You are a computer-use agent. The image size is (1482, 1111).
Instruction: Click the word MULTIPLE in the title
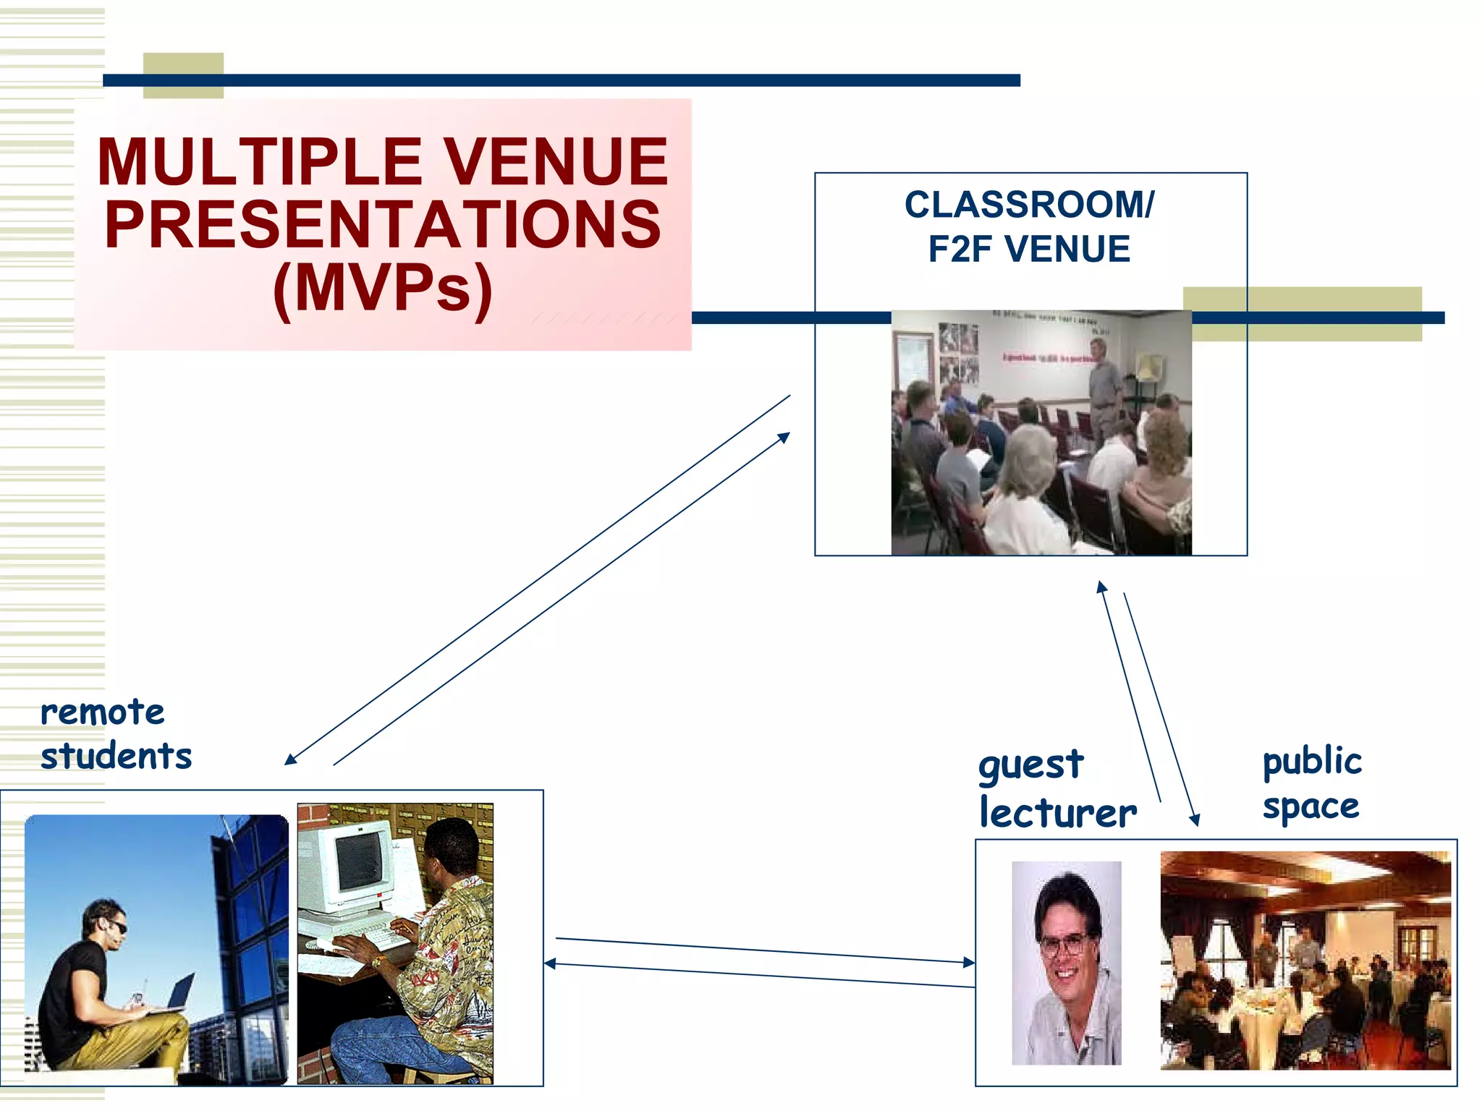tap(260, 162)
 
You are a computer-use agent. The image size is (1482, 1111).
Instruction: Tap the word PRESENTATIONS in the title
tap(383, 225)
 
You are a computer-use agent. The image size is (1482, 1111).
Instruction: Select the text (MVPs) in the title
tap(383, 289)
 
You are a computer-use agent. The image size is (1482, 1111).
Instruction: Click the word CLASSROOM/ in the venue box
tap(1029, 205)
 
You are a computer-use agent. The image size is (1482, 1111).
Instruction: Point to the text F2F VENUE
tap(1029, 250)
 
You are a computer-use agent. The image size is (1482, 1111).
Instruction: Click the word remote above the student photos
tap(103, 712)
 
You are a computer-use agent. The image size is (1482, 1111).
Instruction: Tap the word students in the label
tap(116, 757)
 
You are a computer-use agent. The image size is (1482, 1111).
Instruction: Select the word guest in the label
tap(1030, 765)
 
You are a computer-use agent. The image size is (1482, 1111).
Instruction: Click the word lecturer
tap(1058, 813)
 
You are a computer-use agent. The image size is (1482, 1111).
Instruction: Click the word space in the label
tap(1310, 806)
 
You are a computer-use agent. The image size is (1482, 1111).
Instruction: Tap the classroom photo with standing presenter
tap(1041, 433)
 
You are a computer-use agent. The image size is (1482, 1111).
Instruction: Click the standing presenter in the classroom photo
tap(1104, 391)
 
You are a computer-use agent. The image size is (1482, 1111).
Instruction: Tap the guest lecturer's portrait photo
tap(1066, 963)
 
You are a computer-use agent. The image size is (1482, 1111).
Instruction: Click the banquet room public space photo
tap(1305, 960)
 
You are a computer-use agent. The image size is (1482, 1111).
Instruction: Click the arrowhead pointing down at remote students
tap(290, 759)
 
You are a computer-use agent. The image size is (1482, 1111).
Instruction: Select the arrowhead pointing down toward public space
tap(1195, 820)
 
